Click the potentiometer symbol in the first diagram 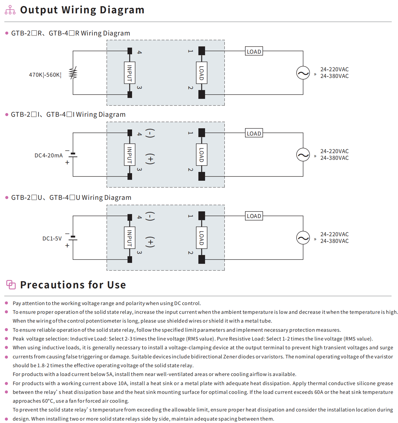point(73,73)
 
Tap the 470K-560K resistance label point(45,75)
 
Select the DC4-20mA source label point(48,156)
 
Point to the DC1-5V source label point(52,239)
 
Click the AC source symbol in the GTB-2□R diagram point(303,73)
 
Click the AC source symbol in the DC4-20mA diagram point(303,155)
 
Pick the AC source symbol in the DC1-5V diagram point(303,238)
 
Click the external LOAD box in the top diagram point(254,52)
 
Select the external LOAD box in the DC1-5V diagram point(254,216)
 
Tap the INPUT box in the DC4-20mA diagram point(130,155)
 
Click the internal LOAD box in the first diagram point(201,73)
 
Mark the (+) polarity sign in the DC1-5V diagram point(150,242)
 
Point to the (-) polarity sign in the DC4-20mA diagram point(150,133)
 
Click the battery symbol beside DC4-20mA point(73,155)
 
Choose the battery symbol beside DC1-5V point(73,238)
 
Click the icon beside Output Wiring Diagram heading point(10,10)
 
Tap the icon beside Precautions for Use point(11,285)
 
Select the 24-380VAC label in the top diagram point(334,76)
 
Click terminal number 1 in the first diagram point(191,51)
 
